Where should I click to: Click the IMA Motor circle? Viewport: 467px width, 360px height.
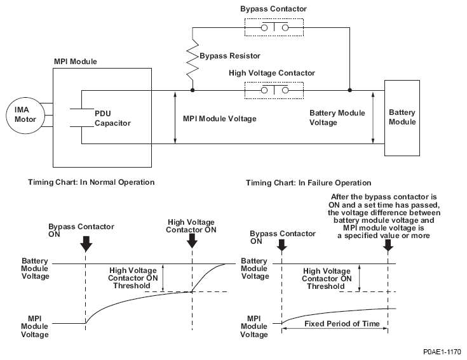tap(23, 116)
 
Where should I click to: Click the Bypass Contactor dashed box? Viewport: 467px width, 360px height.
tap(274, 27)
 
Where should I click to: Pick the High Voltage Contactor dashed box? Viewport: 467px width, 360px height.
tap(273, 90)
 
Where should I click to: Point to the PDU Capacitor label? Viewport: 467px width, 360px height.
tap(112, 117)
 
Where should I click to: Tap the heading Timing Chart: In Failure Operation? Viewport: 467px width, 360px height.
tap(308, 183)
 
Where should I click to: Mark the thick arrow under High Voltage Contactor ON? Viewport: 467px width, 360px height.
tap(193, 243)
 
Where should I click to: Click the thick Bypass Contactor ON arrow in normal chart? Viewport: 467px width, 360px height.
tap(86, 243)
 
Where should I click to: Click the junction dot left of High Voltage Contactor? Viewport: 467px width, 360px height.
tap(192, 90)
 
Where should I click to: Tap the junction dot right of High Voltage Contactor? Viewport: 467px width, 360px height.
tap(349, 90)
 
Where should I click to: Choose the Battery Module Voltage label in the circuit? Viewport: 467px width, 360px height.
tap(337, 117)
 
